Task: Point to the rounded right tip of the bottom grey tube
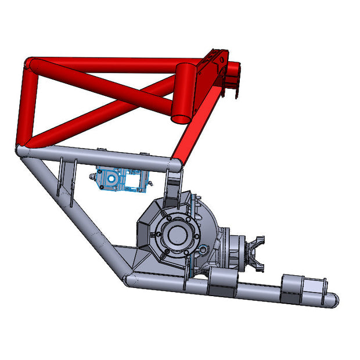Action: (x=332, y=300)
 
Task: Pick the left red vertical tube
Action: (x=24, y=105)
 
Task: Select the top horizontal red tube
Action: (x=105, y=63)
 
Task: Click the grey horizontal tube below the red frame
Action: (x=99, y=156)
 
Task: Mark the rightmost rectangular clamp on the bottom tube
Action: (x=302, y=288)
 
